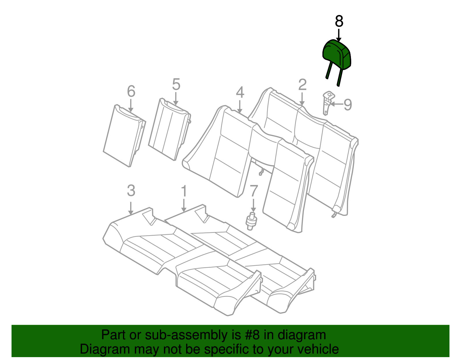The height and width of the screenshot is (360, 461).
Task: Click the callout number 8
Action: tap(339, 21)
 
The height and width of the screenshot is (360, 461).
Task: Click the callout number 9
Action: tap(348, 104)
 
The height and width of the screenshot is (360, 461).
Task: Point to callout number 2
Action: tap(302, 85)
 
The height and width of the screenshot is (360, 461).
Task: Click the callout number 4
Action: tap(240, 92)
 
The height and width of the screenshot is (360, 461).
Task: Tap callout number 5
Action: tap(176, 85)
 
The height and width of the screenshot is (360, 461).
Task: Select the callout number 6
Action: tap(131, 91)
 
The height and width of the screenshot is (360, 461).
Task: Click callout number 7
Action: tap(254, 191)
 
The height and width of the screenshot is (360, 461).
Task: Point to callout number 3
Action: tap(131, 191)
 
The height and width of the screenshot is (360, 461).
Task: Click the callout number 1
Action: tap(184, 191)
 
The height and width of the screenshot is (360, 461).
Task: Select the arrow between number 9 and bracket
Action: tap(337, 104)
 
